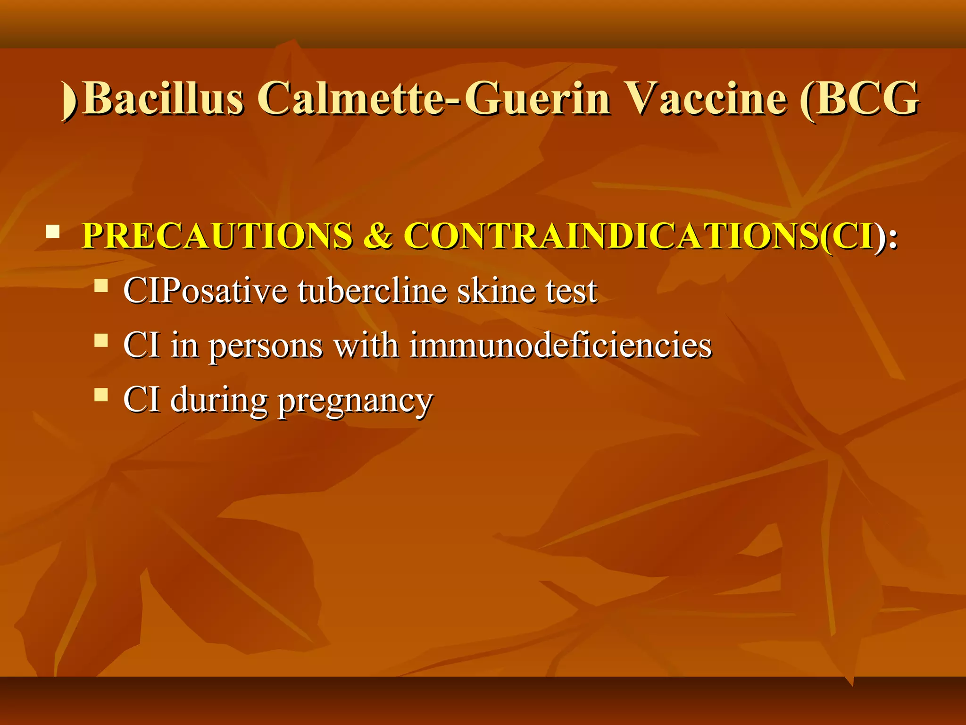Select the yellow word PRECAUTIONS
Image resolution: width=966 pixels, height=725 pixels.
click(217, 236)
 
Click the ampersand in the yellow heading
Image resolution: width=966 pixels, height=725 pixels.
click(377, 236)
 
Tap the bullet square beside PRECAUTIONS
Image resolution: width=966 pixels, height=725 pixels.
click(53, 232)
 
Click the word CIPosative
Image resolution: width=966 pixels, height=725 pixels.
click(205, 291)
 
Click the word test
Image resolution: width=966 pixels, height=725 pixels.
click(571, 291)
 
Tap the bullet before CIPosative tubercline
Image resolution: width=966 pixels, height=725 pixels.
click(101, 286)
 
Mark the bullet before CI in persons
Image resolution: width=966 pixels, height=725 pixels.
click(101, 340)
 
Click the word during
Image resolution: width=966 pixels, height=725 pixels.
click(219, 400)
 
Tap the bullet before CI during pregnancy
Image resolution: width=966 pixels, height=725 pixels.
click(101, 395)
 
